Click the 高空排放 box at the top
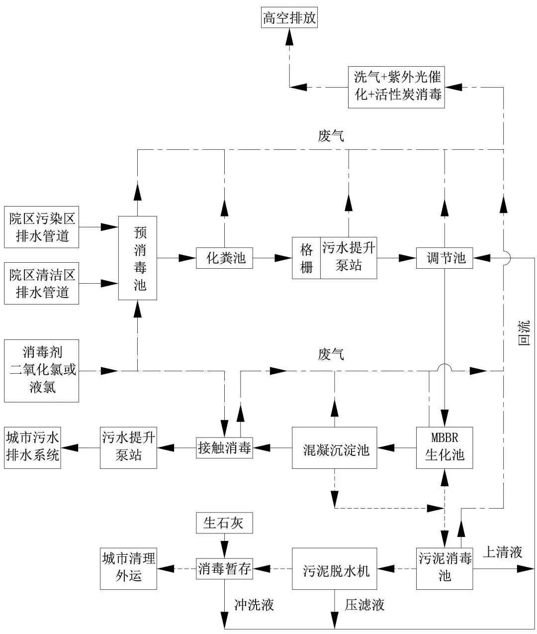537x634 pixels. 289,19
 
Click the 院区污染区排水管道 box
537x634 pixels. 42,226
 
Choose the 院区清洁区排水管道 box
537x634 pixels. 42,283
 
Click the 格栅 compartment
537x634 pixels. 306,258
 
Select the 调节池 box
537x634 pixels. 445,258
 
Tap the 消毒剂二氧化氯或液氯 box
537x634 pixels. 42,371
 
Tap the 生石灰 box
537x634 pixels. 224,523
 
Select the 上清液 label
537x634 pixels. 503,552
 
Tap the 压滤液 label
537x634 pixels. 364,605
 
